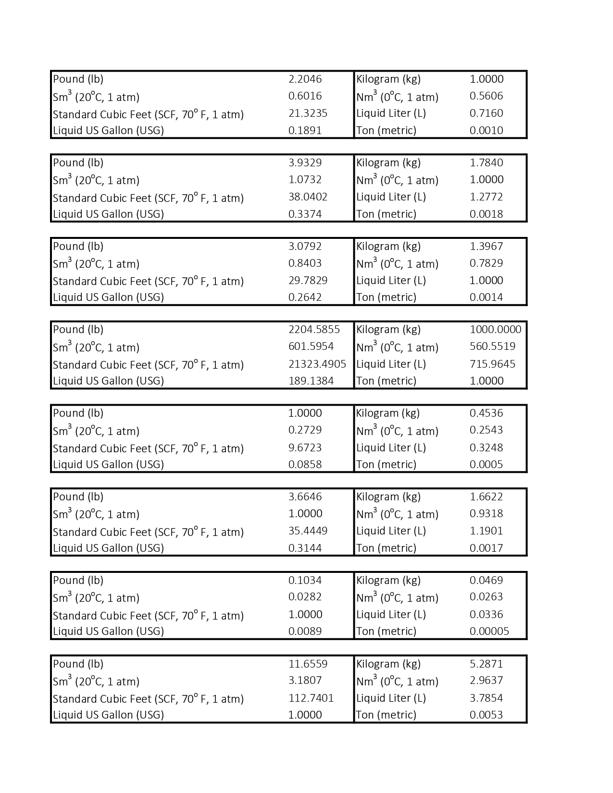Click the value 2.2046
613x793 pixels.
pyautogui.click(x=305, y=79)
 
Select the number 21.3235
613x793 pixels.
pyautogui.click(x=308, y=113)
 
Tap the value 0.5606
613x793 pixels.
pyautogui.click(x=486, y=96)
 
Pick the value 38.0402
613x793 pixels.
pyautogui.click(x=308, y=197)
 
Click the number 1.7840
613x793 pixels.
pyautogui.click(x=486, y=163)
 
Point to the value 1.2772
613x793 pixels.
pyautogui.click(x=486, y=197)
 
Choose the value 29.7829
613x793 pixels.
pyautogui.click(x=308, y=281)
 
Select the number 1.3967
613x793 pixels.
pyautogui.click(x=486, y=247)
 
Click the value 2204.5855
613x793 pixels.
pyautogui.click(x=314, y=330)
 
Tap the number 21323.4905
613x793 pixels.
pyautogui.click(x=317, y=364)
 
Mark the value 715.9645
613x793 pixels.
pyautogui.click(x=492, y=364)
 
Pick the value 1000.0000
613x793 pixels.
pyautogui.click(x=495, y=330)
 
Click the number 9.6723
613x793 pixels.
pyautogui.click(x=305, y=448)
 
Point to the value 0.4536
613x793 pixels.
pyautogui.click(x=486, y=413)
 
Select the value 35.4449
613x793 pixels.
pyautogui.click(x=308, y=531)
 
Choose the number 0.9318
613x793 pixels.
pyautogui.click(x=486, y=514)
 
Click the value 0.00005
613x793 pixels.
pyautogui.click(x=489, y=632)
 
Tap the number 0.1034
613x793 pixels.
pyautogui.click(x=305, y=581)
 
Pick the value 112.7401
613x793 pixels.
pyautogui.click(x=311, y=698)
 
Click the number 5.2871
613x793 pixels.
pyautogui.click(x=486, y=664)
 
